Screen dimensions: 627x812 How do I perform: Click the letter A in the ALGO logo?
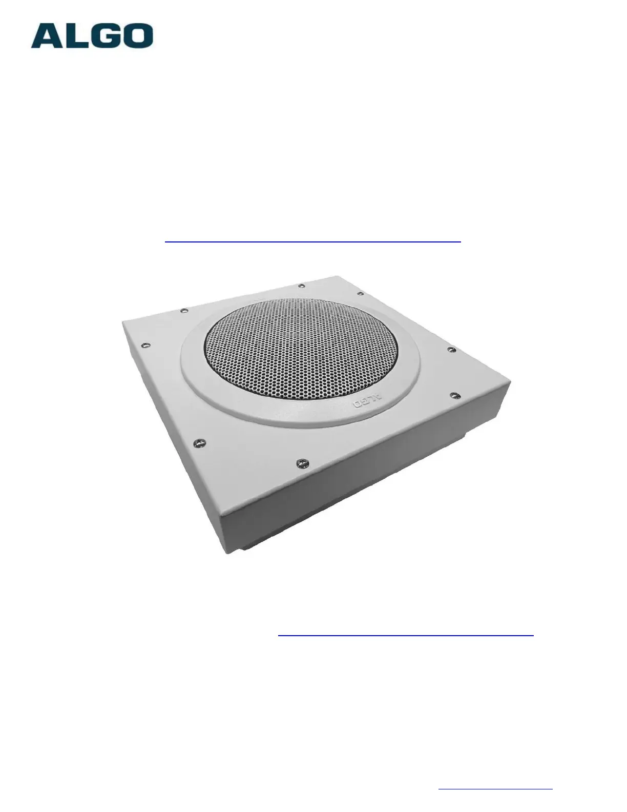click(47, 36)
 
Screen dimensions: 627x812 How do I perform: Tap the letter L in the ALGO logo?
click(75, 36)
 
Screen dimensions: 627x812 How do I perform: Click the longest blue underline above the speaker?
click(313, 242)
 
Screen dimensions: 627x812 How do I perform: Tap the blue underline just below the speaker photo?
click(406, 635)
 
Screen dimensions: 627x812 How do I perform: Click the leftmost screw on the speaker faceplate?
click(147, 345)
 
